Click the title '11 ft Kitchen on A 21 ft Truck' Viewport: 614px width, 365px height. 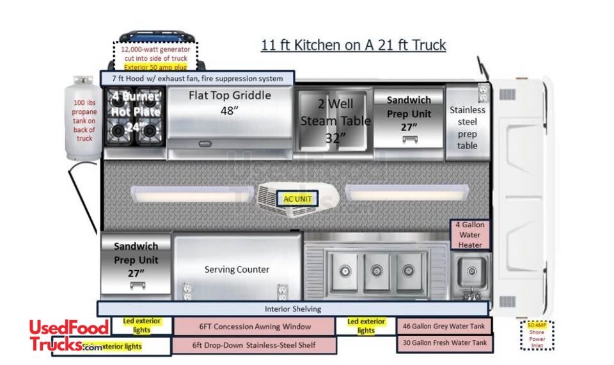pyautogui.click(x=353, y=45)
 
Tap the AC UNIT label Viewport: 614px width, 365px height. pyautogui.click(x=297, y=199)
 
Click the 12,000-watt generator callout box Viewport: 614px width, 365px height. pyautogui.click(x=156, y=58)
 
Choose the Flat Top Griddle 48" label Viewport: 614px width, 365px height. pyautogui.click(x=230, y=102)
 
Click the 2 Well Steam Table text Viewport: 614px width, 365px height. pyautogui.click(x=332, y=120)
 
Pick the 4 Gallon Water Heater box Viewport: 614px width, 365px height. pyautogui.click(x=470, y=235)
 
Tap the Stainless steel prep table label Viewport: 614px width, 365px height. pyautogui.click(x=467, y=127)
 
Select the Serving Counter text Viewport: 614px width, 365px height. pyautogui.click(x=237, y=270)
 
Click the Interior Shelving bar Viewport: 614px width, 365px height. pyautogui.click(x=293, y=309)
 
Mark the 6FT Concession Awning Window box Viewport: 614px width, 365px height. pyautogui.click(x=255, y=327)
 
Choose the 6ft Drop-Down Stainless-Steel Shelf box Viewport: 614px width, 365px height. pyautogui.click(x=255, y=345)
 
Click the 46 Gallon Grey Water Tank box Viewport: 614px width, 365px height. pyautogui.click(x=445, y=326)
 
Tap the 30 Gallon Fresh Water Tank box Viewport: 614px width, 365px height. pyautogui.click(x=445, y=343)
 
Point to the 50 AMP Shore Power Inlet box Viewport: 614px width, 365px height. pyautogui.click(x=537, y=335)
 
